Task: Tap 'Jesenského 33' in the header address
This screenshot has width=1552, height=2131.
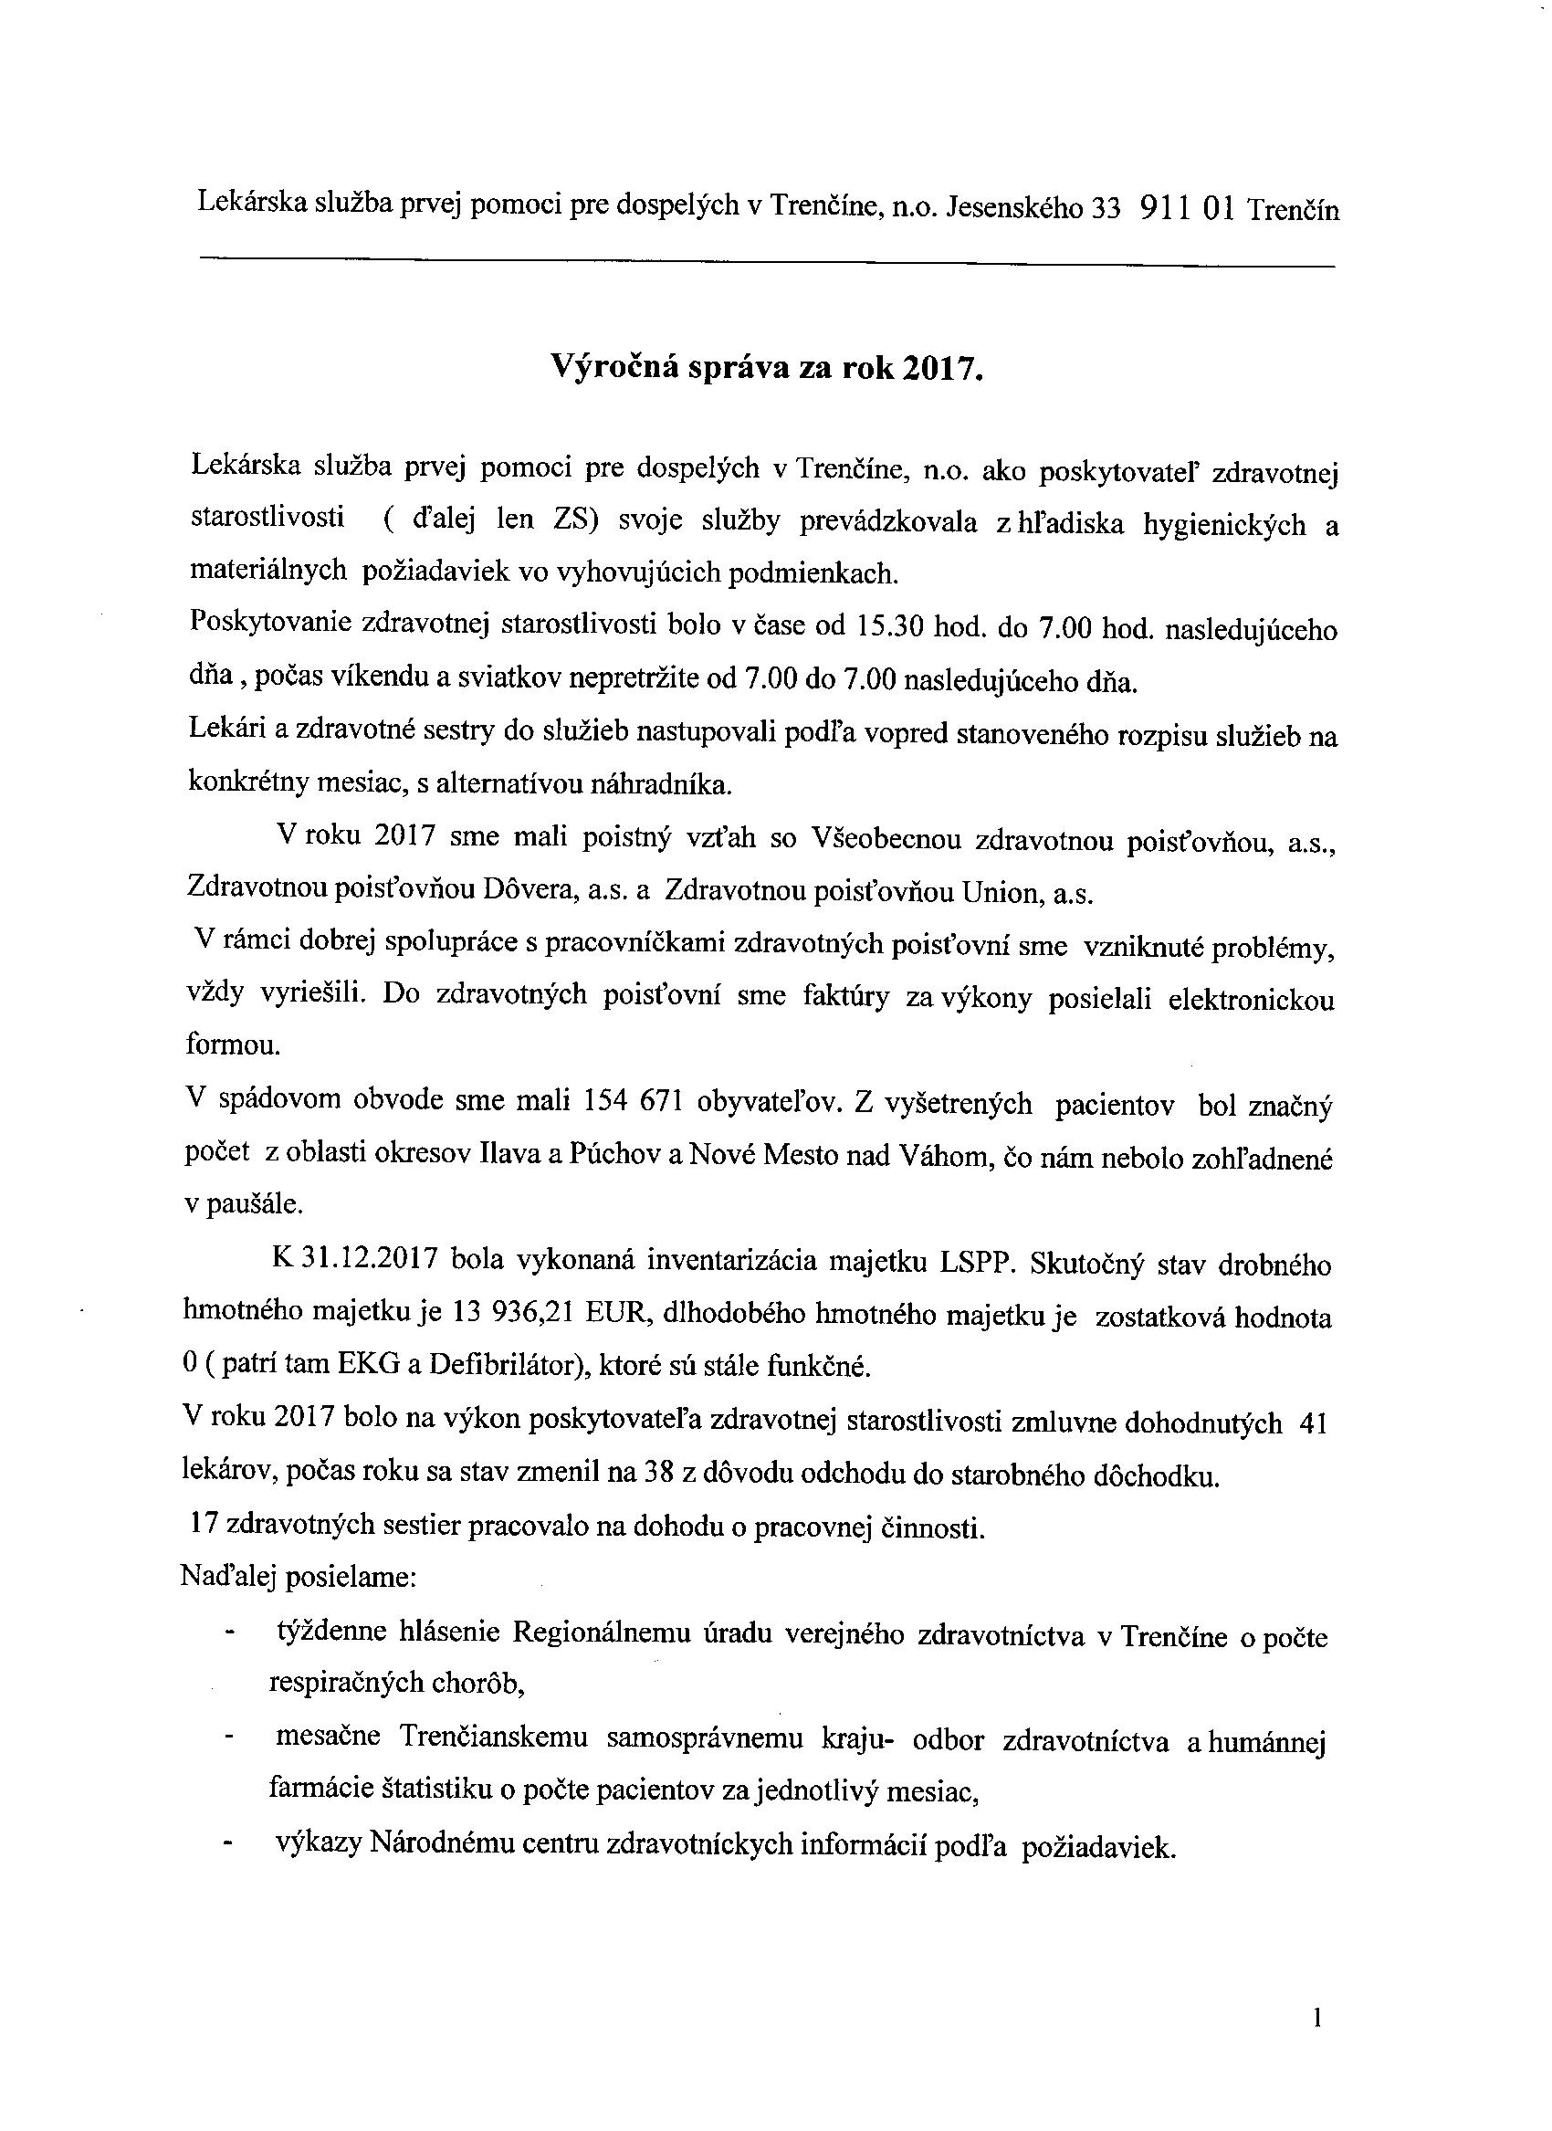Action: pyautogui.click(x=1033, y=207)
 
